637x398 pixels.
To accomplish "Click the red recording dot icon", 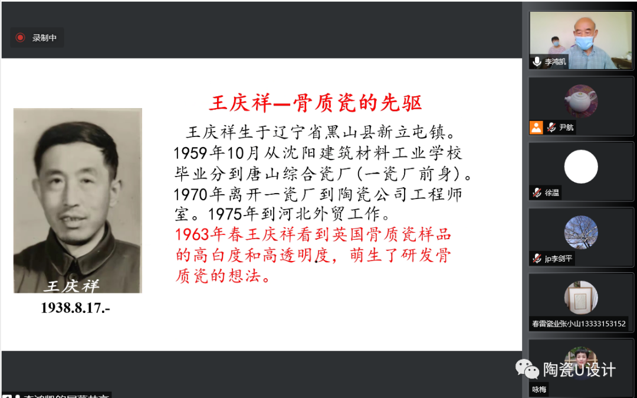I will click(x=20, y=38).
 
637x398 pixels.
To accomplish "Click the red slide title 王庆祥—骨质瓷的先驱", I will click(x=315, y=103).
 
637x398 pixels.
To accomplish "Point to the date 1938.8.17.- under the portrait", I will click(x=75, y=308).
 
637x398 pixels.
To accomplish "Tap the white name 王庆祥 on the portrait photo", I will click(x=73, y=286).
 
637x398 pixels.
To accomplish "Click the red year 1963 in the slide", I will click(x=193, y=234).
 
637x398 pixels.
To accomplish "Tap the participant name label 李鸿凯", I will click(x=555, y=61).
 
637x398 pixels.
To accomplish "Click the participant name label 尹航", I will click(x=566, y=127).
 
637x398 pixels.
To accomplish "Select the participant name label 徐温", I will click(x=552, y=193).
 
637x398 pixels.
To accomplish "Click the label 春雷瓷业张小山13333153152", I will click(x=579, y=324).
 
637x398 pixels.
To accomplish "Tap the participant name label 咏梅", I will click(x=539, y=389).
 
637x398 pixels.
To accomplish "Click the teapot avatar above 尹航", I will click(x=581, y=100).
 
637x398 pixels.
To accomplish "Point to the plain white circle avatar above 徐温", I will click(x=581, y=167).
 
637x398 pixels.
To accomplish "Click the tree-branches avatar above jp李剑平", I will click(x=581, y=232).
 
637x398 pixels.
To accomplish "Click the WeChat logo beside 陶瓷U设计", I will click(x=527, y=370).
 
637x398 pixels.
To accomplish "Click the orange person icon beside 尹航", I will click(x=536, y=127).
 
